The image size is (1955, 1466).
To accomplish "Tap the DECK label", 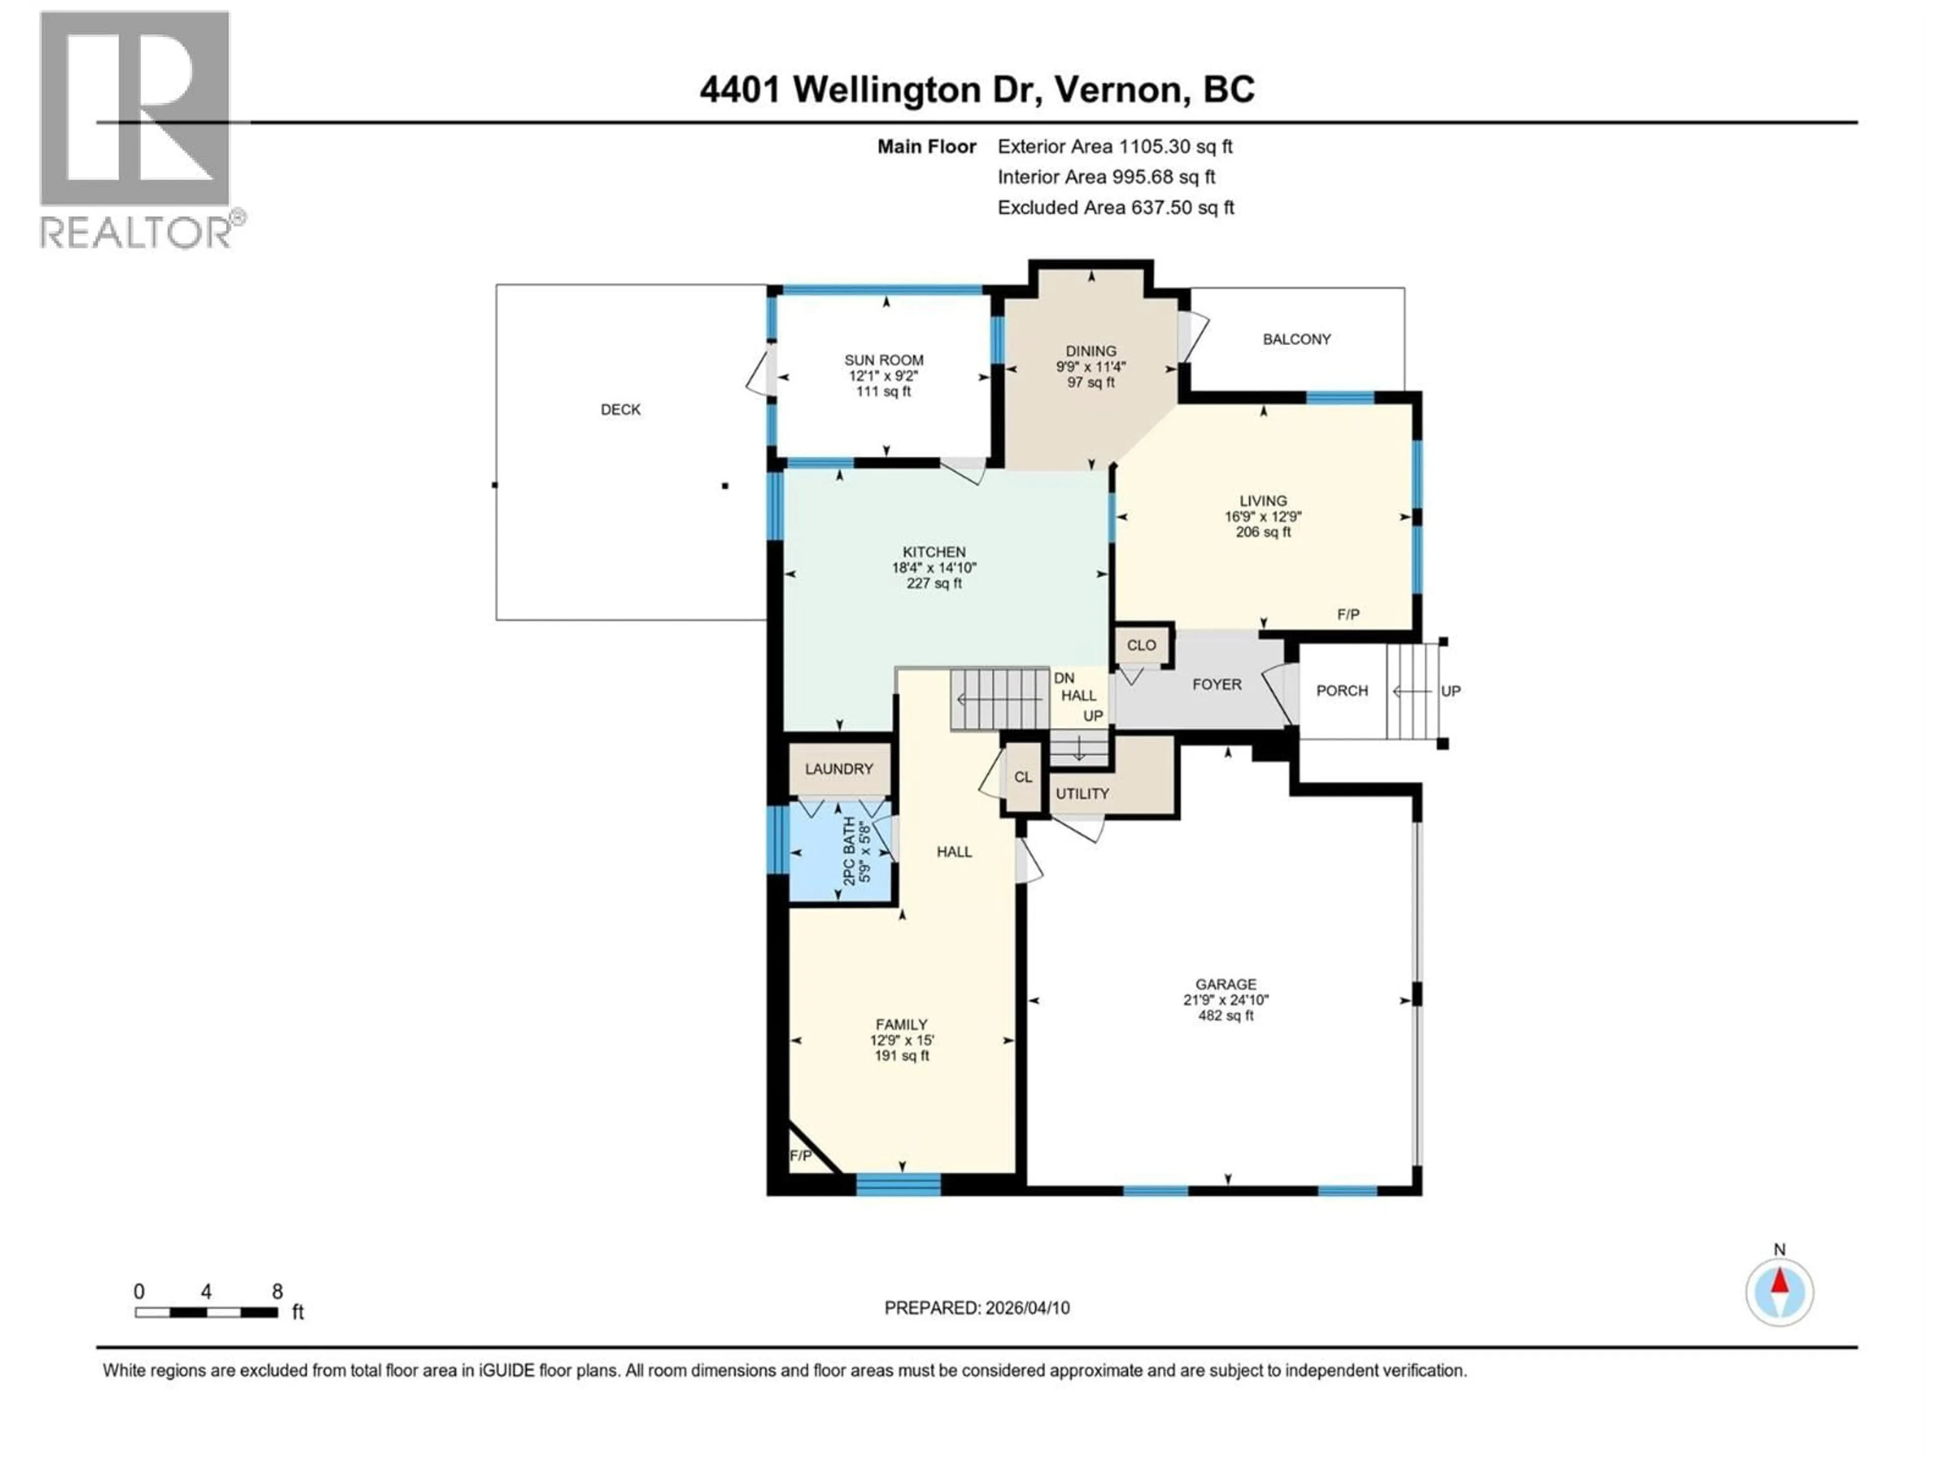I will tap(621, 409).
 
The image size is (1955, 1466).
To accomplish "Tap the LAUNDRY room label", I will tap(838, 769).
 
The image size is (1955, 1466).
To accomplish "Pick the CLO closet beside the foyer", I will tap(1141, 645).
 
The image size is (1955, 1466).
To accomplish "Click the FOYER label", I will tap(1216, 685).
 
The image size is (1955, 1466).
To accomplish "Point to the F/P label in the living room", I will tap(1347, 614).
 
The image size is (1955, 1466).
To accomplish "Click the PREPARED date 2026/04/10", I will tap(976, 1308).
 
